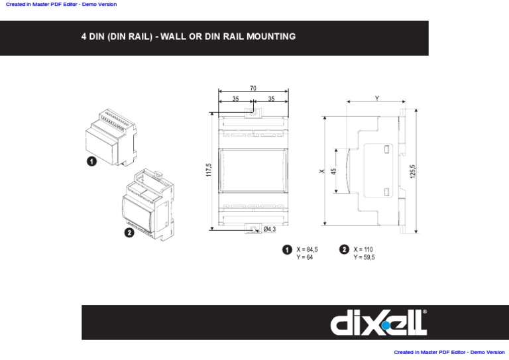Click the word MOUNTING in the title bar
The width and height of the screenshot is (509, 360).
[x=270, y=36]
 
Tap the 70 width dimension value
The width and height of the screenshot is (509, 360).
[x=253, y=88]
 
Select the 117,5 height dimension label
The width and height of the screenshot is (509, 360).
[x=208, y=170]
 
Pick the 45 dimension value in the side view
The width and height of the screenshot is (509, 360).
[x=334, y=170]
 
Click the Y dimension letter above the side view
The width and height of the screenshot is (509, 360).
[x=377, y=98]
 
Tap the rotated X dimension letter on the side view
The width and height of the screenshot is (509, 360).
[x=322, y=171]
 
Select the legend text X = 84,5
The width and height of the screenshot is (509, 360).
[x=307, y=250]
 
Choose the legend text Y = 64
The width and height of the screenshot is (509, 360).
[x=304, y=257]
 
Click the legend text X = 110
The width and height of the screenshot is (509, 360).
[x=363, y=250]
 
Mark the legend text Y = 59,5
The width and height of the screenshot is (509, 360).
[x=364, y=257]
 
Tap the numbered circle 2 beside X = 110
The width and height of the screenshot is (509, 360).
[x=344, y=250]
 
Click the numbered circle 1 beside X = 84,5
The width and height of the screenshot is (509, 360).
[x=287, y=250]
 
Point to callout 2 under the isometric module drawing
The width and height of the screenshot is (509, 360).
[x=129, y=233]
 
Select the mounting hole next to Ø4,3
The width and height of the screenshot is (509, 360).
[x=253, y=229]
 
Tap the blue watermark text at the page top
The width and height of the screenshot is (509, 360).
[x=61, y=5]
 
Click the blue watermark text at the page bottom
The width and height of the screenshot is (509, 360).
[x=449, y=353]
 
